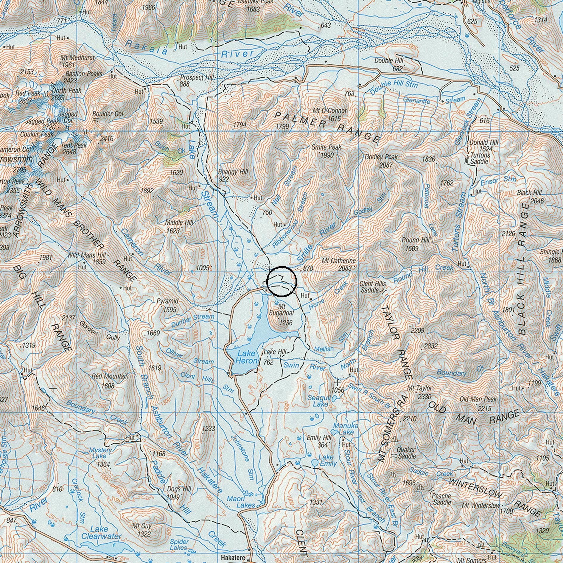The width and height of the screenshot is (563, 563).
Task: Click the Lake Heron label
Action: [246, 357]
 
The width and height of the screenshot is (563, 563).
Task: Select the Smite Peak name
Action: [326, 147]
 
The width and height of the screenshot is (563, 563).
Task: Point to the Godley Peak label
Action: [381, 157]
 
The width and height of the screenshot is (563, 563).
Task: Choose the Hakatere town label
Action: [233, 558]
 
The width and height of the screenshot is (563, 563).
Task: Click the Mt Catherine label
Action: [339, 261]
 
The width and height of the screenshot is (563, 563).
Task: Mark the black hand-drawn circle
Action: [281, 282]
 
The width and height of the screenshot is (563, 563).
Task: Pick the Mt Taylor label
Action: [419, 388]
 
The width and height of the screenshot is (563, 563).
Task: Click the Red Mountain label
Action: [110, 376]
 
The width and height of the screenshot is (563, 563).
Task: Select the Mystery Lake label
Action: [100, 453]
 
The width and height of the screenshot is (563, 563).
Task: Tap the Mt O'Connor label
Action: [329, 111]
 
